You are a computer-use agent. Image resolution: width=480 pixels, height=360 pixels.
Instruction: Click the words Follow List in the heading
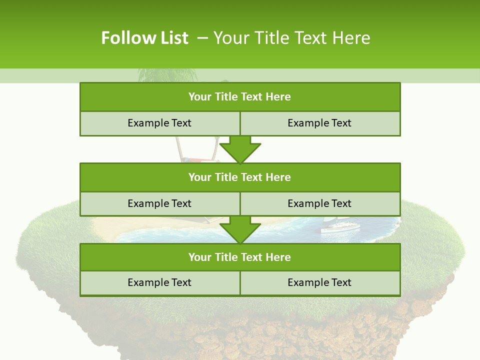[144, 38]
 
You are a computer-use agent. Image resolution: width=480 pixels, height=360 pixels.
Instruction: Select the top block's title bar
[240, 97]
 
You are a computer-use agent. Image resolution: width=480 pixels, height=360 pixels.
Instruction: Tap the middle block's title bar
[240, 177]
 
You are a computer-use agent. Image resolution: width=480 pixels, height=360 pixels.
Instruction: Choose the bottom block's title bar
[240, 257]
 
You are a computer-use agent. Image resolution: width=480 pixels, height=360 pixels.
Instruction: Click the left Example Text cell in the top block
[159, 123]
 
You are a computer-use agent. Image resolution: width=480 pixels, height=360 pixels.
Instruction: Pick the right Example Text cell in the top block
[319, 123]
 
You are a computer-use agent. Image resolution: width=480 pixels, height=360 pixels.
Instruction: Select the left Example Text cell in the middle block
[159, 204]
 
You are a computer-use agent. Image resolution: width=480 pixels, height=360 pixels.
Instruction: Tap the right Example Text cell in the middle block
[319, 204]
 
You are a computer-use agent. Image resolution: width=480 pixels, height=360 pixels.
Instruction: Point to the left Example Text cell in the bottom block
[159, 283]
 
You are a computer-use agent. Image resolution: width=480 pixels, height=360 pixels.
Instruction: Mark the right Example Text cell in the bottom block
[319, 283]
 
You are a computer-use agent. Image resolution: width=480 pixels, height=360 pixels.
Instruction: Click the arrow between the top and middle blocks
[240, 150]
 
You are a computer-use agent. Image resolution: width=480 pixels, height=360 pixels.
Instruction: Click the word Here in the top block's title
[278, 97]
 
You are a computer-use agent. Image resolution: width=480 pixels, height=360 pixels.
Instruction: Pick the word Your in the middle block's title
[200, 177]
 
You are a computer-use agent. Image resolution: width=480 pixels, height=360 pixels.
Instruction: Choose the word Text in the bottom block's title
[252, 257]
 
